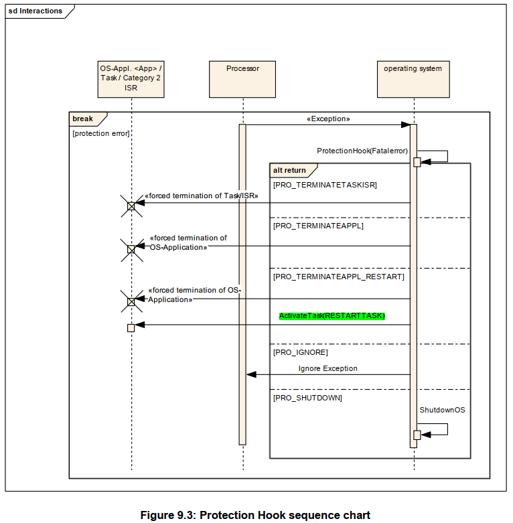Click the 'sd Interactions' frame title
[35, 11]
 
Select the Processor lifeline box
[242, 78]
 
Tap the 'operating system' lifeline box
[413, 78]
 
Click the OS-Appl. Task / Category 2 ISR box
[131, 78]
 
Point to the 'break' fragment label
[83, 119]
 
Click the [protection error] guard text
[100, 133]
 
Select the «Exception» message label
[328, 119]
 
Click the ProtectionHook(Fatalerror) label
[362, 151]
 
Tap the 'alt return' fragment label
[289, 170]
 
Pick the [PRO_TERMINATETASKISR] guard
[325, 184]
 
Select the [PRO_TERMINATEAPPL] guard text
[318, 226]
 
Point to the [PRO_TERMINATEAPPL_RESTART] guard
[338, 276]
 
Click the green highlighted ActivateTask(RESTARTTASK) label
[332, 315]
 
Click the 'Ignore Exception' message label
[327, 368]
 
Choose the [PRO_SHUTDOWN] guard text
[307, 398]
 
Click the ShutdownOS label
[442, 410]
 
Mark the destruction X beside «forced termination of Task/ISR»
[131, 206]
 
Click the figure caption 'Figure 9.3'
[254, 515]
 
